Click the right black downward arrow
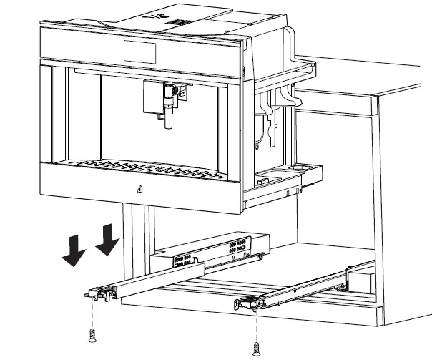(107, 239)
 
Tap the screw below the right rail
(257, 348)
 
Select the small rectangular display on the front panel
(139, 50)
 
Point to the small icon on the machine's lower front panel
(140, 190)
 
